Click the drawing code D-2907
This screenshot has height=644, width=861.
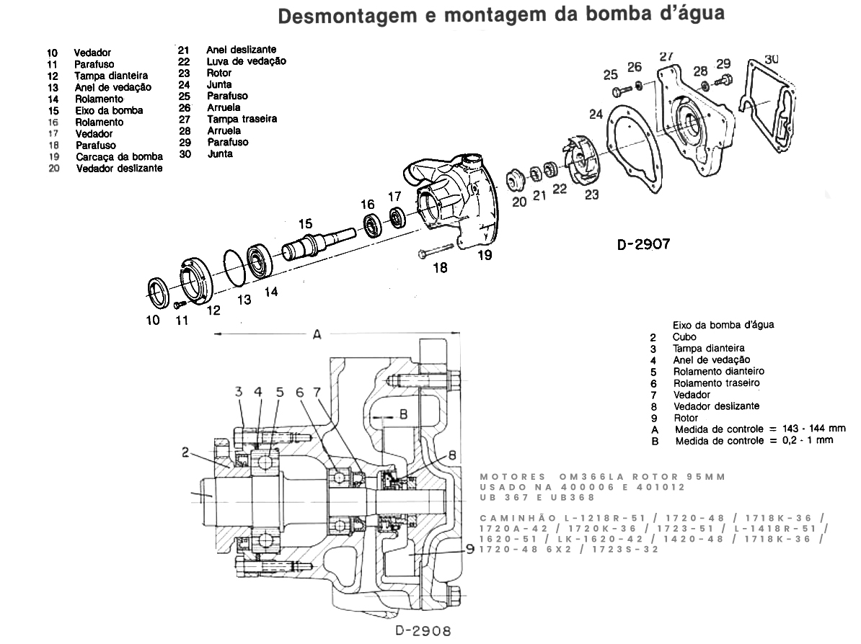pyautogui.click(x=644, y=244)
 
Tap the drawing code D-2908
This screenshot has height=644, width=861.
pyautogui.click(x=423, y=631)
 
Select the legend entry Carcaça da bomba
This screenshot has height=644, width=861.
pyautogui.click(x=119, y=156)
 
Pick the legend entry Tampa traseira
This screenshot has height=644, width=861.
pyautogui.click(x=242, y=118)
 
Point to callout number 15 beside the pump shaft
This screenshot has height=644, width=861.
pyautogui.click(x=306, y=224)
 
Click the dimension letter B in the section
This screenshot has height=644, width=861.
pyautogui.click(x=404, y=414)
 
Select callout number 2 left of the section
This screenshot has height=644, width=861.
pyautogui.click(x=186, y=452)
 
